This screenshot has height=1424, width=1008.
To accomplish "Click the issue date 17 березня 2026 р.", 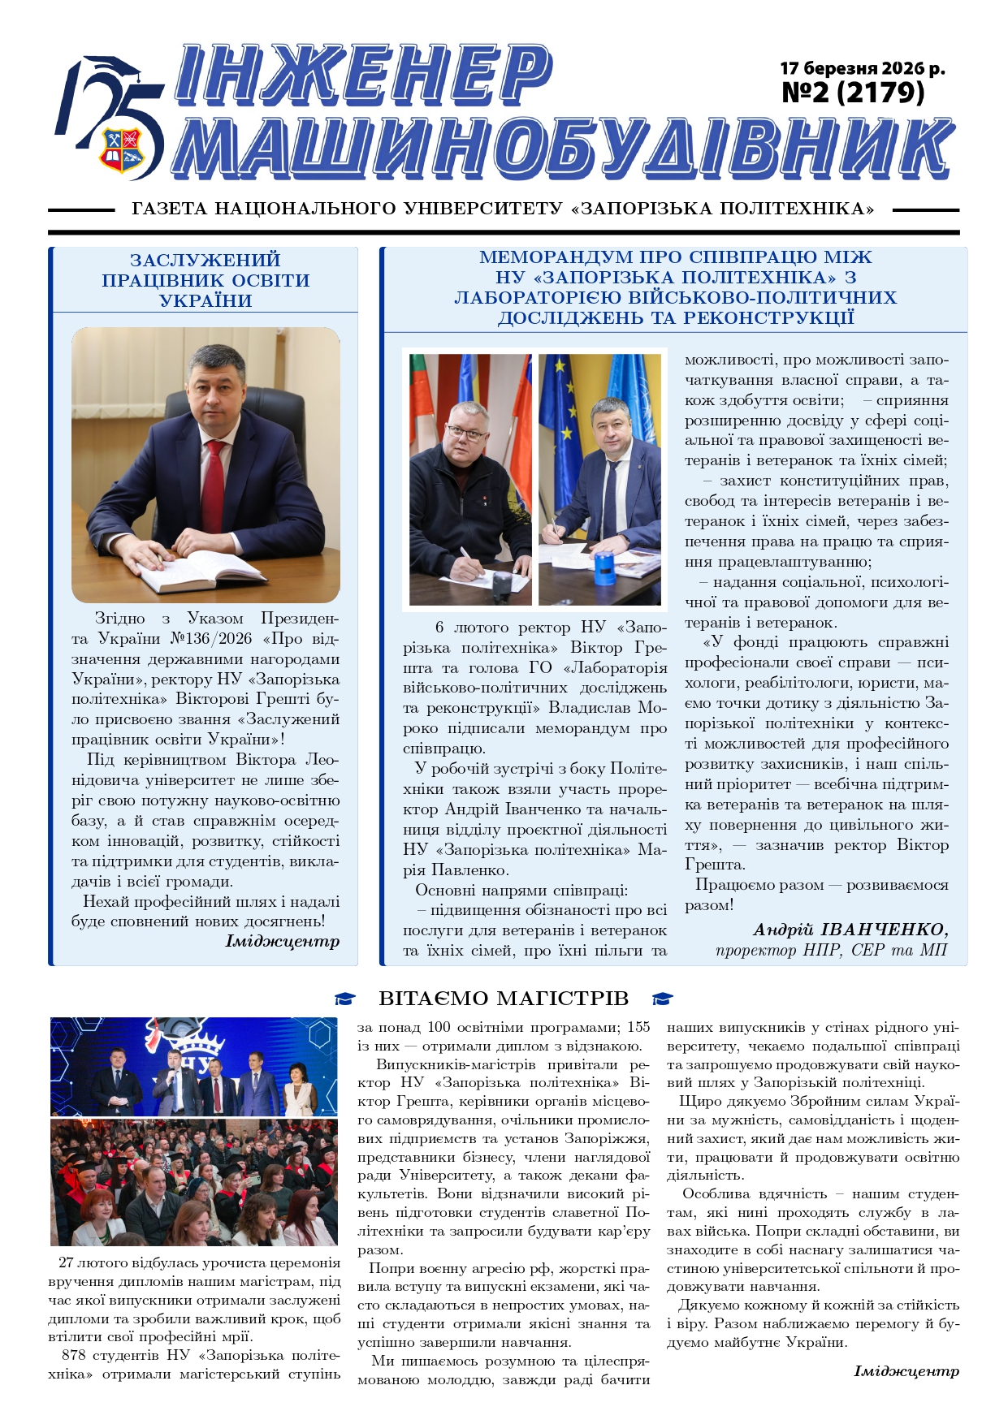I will [862, 68].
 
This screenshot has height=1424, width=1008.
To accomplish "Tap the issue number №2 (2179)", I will [853, 93].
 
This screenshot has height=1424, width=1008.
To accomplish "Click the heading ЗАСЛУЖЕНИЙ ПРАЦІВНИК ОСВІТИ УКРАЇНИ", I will [205, 280].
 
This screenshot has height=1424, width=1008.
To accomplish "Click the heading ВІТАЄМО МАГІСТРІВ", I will [504, 999].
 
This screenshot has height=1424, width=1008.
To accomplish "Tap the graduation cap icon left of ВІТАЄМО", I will [346, 999].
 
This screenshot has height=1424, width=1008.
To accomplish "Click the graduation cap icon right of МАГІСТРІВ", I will [663, 999].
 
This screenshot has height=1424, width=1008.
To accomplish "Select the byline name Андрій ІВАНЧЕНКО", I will [850, 930].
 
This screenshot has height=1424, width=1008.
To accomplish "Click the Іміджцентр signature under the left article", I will [282, 942].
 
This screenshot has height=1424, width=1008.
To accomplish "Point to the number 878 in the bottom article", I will [74, 1355].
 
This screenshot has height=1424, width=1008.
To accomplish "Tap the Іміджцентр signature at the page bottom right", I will [906, 1370].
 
